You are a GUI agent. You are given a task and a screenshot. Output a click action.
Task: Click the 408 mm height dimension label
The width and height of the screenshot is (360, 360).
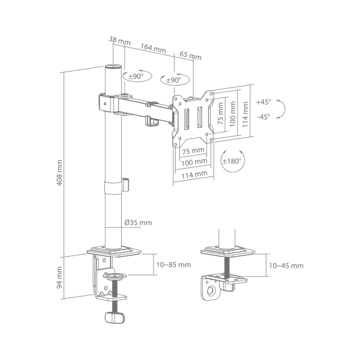[59, 173]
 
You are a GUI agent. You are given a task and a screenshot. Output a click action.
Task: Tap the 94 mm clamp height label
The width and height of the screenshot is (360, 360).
[59, 278]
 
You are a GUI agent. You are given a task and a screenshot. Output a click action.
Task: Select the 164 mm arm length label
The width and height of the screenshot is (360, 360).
[153, 48]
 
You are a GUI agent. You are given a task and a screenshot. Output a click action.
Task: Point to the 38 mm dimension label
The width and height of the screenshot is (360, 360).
[119, 40]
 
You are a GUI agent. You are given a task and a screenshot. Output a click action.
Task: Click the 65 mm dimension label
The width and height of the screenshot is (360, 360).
[190, 56]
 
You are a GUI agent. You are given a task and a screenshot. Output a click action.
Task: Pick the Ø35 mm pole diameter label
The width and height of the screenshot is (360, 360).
[138, 223]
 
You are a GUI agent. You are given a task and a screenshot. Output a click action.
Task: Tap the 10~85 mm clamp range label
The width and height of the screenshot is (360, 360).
[173, 265]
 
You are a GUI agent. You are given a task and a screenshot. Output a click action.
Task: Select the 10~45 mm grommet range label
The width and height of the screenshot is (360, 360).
[286, 266]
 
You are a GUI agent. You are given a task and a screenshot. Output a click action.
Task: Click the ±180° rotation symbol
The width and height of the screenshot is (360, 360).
[232, 161]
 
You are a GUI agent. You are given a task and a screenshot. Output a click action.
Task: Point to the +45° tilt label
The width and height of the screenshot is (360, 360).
[263, 102]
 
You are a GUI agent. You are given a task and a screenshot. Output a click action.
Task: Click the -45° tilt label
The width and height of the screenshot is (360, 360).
[263, 117]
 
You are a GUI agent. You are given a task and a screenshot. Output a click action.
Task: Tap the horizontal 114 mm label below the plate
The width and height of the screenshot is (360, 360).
[194, 175]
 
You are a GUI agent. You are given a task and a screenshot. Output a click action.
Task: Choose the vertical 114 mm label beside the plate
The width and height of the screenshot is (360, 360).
[245, 115]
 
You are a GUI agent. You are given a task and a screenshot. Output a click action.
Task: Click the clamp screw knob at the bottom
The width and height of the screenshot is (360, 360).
[115, 317]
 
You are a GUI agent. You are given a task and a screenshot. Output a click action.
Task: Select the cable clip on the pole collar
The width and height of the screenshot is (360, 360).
[125, 184]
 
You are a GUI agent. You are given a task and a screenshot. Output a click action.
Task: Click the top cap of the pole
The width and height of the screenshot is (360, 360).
[113, 67]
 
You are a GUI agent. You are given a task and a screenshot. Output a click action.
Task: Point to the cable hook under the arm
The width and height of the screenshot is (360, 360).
[152, 121]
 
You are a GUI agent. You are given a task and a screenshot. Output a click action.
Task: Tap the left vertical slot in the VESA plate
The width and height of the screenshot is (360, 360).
[187, 119]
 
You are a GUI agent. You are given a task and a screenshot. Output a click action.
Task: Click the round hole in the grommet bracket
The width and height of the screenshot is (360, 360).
[211, 291]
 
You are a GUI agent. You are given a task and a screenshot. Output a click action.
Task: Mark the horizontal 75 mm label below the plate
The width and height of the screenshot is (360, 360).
[193, 151]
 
